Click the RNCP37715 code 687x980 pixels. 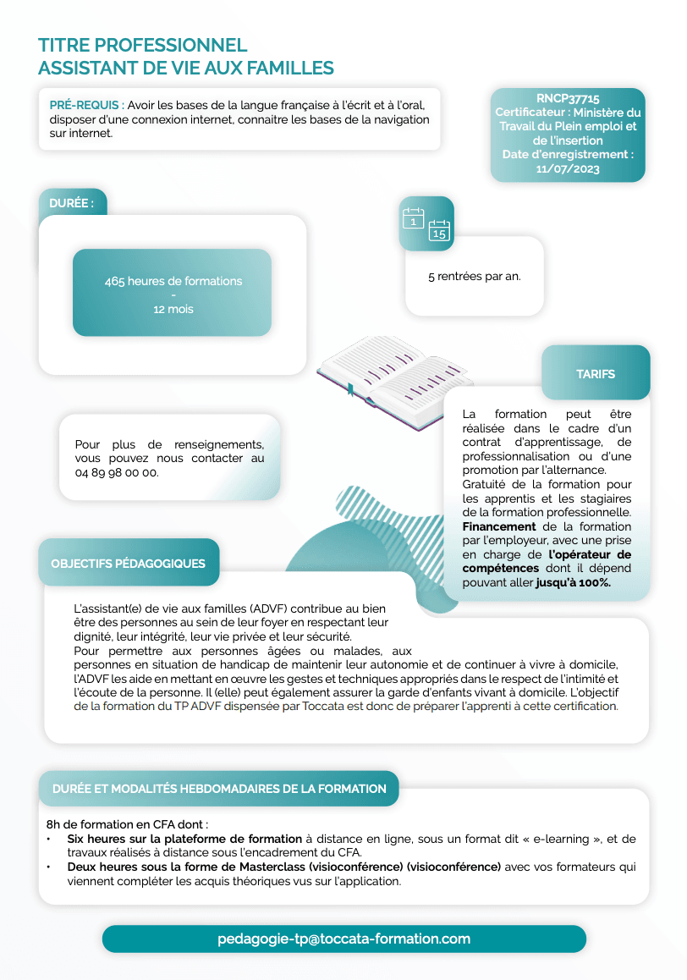[x=568, y=99]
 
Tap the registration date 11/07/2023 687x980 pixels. [x=568, y=168]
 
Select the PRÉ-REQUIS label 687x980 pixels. [x=85, y=106]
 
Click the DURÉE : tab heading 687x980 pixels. [x=72, y=203]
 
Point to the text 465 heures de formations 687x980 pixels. [x=173, y=281]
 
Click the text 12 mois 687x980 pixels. [x=173, y=309]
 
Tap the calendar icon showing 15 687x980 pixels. [x=439, y=230]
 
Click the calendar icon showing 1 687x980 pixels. [x=413, y=218]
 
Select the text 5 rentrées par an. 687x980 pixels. [x=474, y=277]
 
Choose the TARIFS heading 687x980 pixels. [x=596, y=373]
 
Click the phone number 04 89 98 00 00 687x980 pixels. [x=117, y=472]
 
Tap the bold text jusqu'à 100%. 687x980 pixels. [x=573, y=582]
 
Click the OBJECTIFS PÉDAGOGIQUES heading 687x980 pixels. [x=128, y=563]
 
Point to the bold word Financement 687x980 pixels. [x=498, y=526]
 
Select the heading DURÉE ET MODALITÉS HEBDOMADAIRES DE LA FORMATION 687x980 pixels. [x=219, y=789]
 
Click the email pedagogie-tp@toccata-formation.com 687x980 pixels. [x=343, y=939]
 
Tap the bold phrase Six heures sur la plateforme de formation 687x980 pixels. [x=184, y=839]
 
